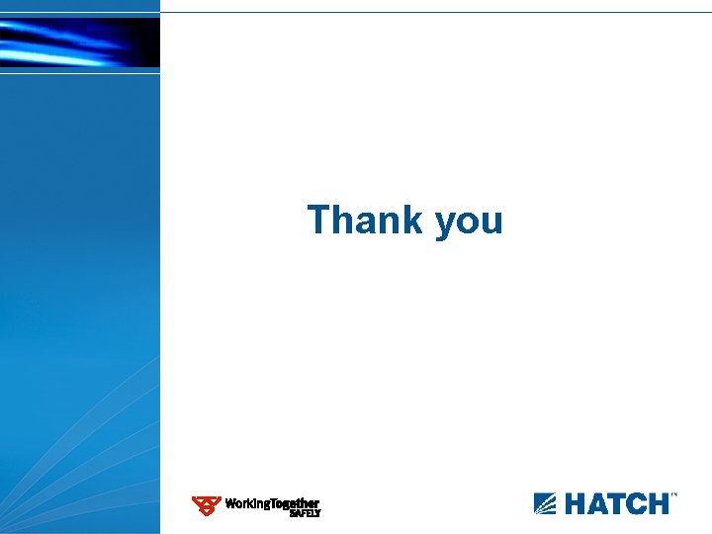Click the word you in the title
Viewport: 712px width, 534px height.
[x=469, y=222]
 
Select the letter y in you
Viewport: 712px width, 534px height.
[x=444, y=224]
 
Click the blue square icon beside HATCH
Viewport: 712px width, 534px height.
[x=545, y=503]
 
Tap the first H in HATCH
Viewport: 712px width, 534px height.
[x=576, y=503]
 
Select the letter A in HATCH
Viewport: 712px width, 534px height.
[x=598, y=503]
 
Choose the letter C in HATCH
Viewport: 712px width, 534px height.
[x=638, y=503]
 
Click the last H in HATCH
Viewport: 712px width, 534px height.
[x=659, y=503]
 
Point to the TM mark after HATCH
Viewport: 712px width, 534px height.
[x=674, y=494]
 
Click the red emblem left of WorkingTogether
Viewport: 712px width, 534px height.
[x=206, y=505]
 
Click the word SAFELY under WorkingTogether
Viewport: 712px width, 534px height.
[x=305, y=514]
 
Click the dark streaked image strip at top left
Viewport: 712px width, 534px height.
[x=79, y=42]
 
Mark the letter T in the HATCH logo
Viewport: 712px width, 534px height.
[x=619, y=503]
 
